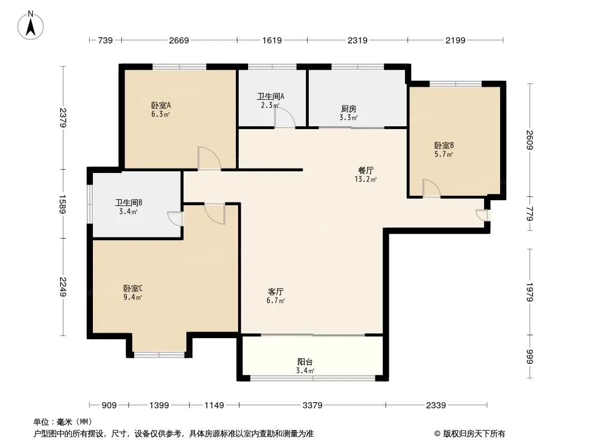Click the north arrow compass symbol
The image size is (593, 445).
coord(31,26)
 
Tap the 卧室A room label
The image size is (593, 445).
coord(161,105)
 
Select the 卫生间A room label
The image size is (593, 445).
coord(271,96)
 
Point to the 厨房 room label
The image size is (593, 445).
coord(349,109)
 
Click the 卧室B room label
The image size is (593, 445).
coord(444,146)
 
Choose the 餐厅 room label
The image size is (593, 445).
coord(365,171)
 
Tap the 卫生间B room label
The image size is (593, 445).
coord(129,203)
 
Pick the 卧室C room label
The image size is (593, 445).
coord(133,289)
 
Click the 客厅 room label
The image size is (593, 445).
coord(276,292)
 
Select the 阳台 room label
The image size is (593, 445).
coord(305,362)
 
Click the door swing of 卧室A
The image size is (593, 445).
coord(209,158)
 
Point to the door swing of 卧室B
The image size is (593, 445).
coord(432,188)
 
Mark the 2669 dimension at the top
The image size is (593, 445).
coord(179,40)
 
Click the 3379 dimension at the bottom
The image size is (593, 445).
coord(313,406)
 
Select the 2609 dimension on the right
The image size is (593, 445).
coord(530,140)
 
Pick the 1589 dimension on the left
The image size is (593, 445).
coord(62,204)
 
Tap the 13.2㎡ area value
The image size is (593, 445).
coord(365,180)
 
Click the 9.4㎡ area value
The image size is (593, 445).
coord(133,298)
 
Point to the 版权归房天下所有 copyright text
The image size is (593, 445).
coord(475,434)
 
